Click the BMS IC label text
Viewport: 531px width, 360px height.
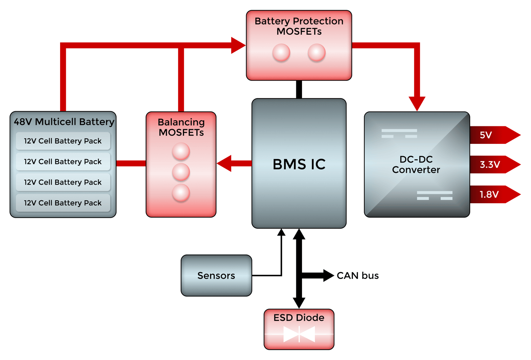pos(299,164)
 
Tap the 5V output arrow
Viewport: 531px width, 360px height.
pos(493,135)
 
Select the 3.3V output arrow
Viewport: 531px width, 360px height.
pos(493,165)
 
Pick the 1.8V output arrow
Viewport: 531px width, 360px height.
pos(493,194)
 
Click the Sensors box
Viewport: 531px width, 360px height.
pos(216,276)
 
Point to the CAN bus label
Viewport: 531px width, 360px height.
pos(358,276)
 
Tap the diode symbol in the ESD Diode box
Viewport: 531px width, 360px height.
pos(299,335)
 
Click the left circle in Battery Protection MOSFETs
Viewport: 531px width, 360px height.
pos(281,53)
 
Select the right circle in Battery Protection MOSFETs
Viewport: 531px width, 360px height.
pos(316,53)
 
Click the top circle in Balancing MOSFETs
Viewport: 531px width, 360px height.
pos(181,151)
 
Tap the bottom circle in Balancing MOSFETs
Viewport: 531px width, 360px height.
pos(181,193)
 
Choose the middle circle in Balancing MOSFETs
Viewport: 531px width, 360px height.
pos(181,172)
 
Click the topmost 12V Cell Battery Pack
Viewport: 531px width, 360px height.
pos(63,141)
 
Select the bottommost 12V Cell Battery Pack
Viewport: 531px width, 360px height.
pos(63,203)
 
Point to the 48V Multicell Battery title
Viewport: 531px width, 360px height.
pos(64,122)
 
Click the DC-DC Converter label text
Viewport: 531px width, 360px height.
pos(416,164)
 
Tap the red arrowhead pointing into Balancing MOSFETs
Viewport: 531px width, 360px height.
pos(224,163)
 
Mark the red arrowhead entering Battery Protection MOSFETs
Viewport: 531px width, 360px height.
pos(238,46)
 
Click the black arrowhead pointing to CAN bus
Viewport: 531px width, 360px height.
pos(328,275)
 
